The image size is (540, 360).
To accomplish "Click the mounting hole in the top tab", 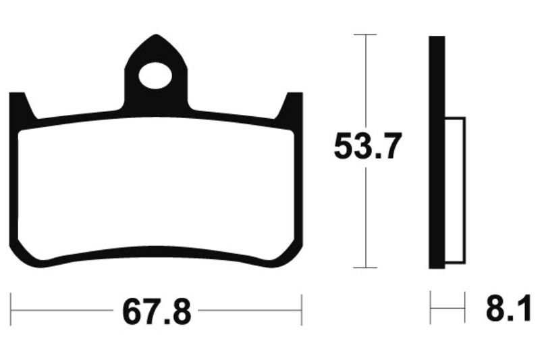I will pos(155,74).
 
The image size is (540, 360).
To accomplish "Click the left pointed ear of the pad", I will pos(20,105).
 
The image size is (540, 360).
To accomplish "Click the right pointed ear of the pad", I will pos(293,105).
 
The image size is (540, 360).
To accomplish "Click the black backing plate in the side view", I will pos(437,152).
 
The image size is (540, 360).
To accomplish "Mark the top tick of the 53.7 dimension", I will pos(365,34).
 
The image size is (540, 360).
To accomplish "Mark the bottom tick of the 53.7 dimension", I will pos(365,268).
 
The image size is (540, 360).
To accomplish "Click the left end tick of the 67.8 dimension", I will pos(12,312).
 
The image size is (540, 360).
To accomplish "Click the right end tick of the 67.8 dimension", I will pos(301,312).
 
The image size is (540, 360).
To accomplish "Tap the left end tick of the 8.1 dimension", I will pos(431,312).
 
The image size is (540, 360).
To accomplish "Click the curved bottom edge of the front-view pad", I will pos(155,248).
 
